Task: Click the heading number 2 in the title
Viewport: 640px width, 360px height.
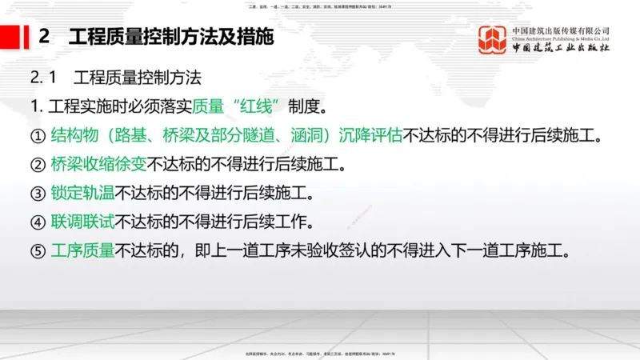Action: click(45, 38)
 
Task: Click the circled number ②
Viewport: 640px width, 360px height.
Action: click(38, 165)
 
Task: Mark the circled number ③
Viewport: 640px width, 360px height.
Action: click(38, 194)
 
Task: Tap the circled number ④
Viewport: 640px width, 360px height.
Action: click(38, 222)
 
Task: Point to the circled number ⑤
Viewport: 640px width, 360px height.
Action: click(38, 250)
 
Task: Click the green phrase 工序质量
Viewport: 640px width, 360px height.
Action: click(82, 250)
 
